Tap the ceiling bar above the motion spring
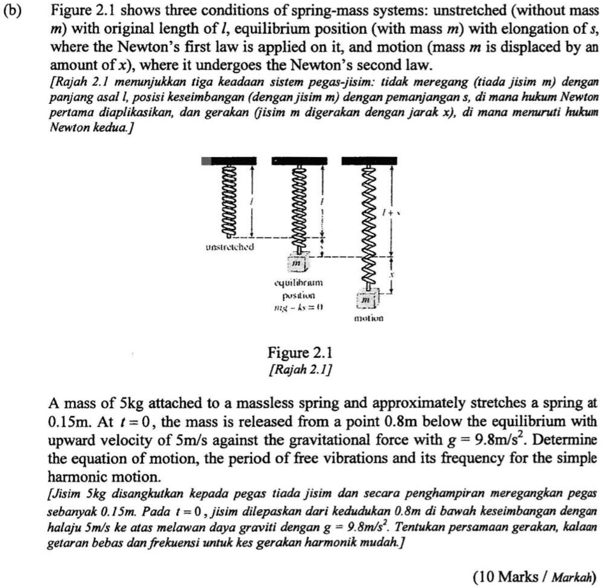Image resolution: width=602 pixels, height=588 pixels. pos(368,161)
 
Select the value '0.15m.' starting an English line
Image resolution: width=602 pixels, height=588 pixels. pos(68,422)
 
